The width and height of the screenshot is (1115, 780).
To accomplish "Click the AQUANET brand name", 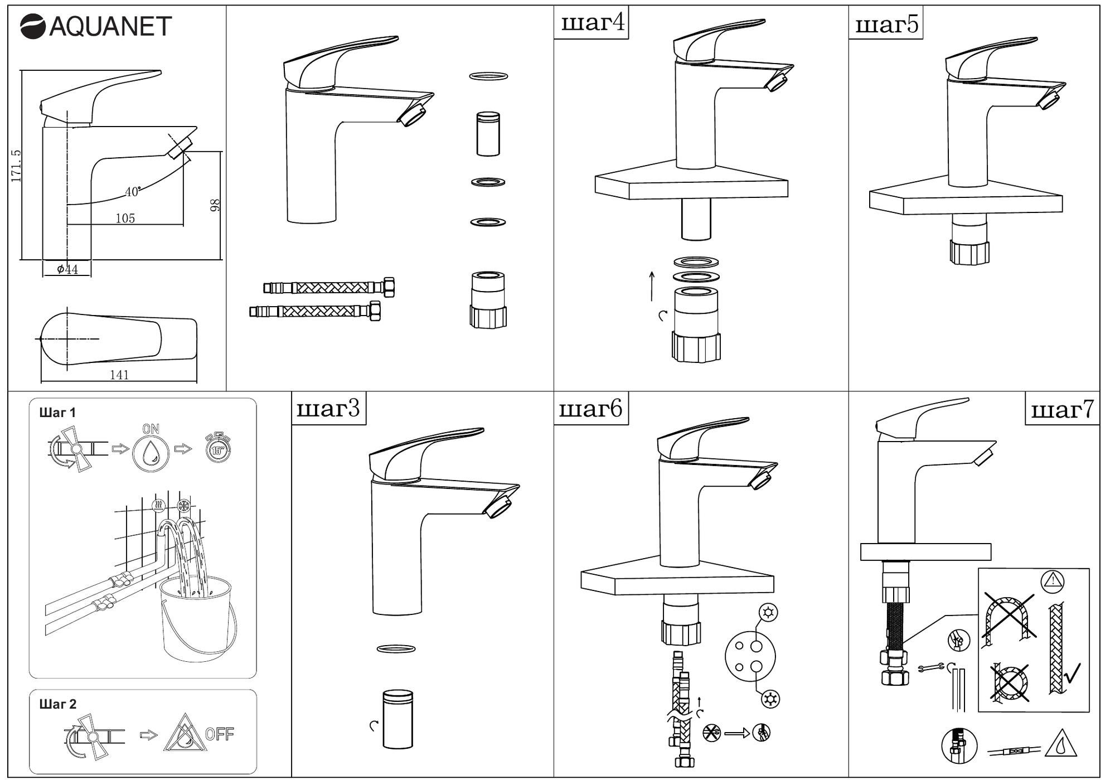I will [x=110, y=26].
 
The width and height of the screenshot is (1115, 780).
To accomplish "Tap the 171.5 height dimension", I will [x=16, y=166].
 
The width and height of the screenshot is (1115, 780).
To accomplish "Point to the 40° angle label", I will [x=133, y=192].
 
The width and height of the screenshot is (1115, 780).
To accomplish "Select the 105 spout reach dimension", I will [x=125, y=218].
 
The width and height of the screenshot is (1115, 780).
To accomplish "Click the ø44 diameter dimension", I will [x=67, y=270].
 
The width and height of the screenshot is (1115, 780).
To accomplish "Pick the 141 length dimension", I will [x=119, y=375].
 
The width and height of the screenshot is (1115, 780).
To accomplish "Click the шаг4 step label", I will [x=592, y=23].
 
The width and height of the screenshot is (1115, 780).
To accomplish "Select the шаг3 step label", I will [x=328, y=409].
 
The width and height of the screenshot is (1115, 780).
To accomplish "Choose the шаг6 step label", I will [x=590, y=409].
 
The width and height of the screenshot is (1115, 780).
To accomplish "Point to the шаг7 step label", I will [x=1062, y=410].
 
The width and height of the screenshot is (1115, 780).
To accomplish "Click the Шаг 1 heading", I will [x=57, y=413].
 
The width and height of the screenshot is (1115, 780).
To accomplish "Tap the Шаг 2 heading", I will [x=58, y=704].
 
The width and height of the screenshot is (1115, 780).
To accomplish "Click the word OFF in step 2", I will [x=220, y=734].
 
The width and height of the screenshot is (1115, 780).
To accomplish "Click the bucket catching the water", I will [x=197, y=619].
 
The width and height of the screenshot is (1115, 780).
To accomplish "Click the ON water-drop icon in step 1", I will [x=151, y=449].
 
